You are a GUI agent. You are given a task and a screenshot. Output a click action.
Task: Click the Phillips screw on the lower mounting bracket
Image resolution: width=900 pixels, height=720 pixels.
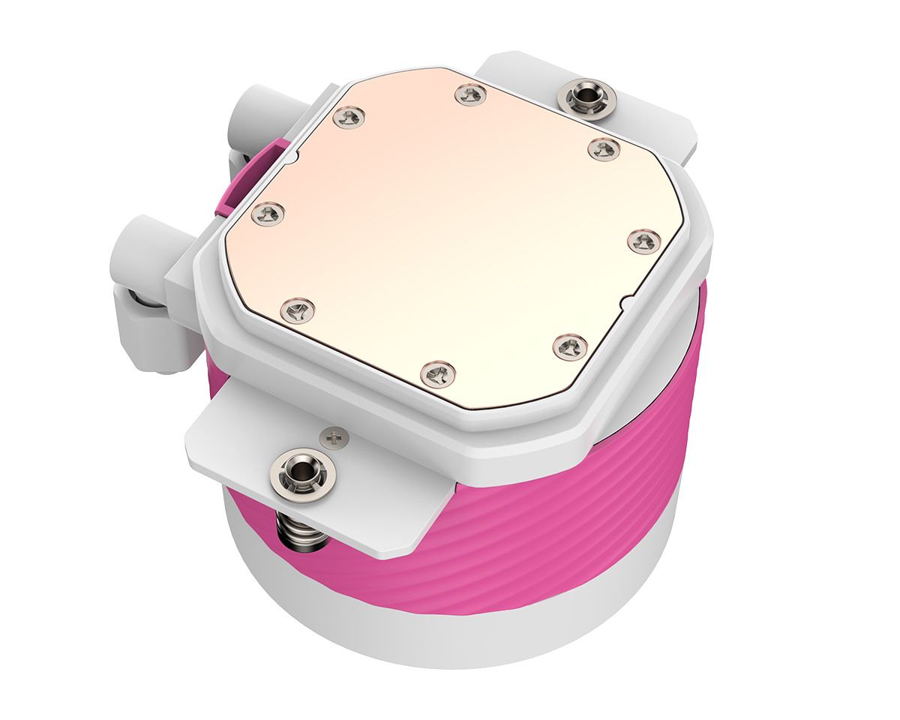[335, 435]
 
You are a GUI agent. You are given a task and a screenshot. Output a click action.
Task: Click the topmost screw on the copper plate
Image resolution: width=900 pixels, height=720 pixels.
[470, 94]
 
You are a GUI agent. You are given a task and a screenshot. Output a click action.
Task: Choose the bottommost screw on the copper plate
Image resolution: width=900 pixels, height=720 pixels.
[438, 373]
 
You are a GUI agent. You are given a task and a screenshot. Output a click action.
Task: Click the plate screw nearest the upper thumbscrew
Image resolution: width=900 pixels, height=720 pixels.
[603, 148]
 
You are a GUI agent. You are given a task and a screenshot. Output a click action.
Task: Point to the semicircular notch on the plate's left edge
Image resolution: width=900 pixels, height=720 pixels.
[294, 157]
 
